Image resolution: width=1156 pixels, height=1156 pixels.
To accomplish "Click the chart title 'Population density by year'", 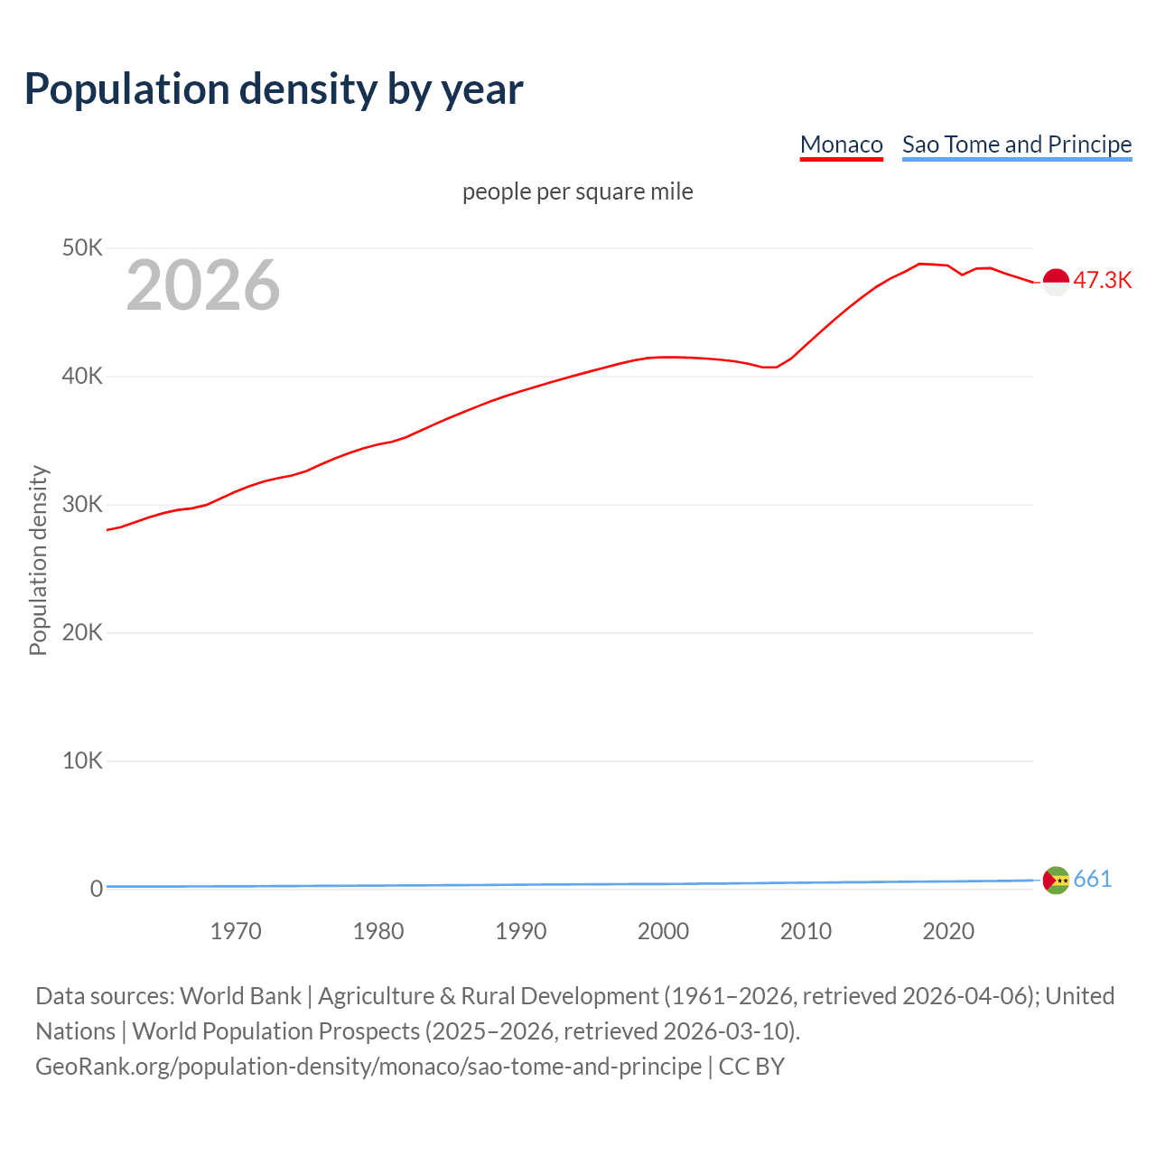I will (274, 89).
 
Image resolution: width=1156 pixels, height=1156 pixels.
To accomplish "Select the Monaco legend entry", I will (841, 144).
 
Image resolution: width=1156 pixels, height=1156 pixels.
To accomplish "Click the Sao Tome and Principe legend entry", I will (1016, 144).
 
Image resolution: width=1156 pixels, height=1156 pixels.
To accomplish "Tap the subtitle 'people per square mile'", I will (577, 191).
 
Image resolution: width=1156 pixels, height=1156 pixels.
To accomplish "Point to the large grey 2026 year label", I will (203, 285).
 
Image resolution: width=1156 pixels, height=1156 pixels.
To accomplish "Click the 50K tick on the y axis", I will (82, 247).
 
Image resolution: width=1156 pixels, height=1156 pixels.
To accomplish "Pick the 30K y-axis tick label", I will (82, 504).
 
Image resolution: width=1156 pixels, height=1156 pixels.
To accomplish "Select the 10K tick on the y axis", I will (82, 760).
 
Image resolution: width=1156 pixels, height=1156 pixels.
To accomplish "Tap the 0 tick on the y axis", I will (96, 889).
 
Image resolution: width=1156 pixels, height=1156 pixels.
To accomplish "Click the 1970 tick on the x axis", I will (236, 931).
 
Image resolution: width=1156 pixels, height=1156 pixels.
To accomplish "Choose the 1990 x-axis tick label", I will (521, 931).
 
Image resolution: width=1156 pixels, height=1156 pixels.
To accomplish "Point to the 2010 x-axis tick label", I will (806, 931).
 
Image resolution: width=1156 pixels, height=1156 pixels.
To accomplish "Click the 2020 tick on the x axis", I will (948, 931).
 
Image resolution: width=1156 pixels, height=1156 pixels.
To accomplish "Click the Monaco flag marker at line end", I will (1056, 282).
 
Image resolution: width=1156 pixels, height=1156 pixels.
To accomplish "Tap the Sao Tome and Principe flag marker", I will (1056, 880).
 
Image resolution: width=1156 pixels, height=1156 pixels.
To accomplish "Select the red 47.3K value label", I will (1102, 281).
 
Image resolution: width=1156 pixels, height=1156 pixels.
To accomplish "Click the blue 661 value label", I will (1092, 879).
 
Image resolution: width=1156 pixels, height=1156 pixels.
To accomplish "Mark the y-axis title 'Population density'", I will (38, 560).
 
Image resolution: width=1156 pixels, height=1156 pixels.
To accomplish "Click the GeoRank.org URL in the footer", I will (368, 1067).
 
